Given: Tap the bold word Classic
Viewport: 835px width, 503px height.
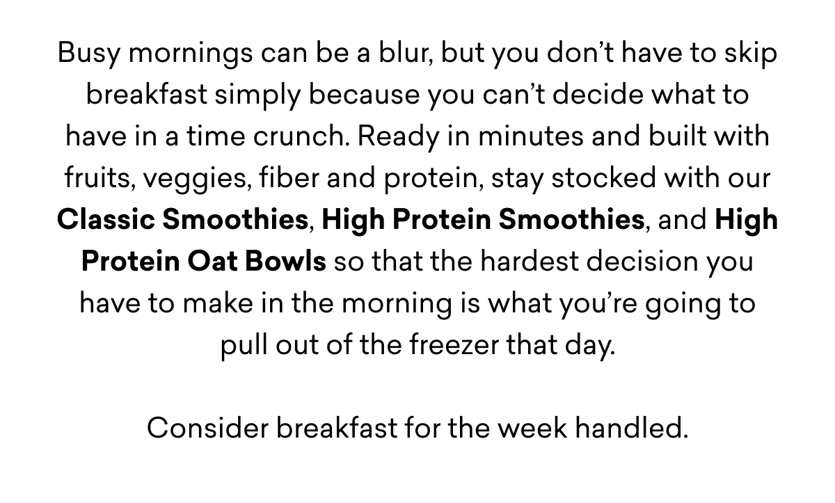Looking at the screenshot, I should coord(106,221).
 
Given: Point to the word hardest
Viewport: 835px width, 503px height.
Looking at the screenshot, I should coord(515,262).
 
